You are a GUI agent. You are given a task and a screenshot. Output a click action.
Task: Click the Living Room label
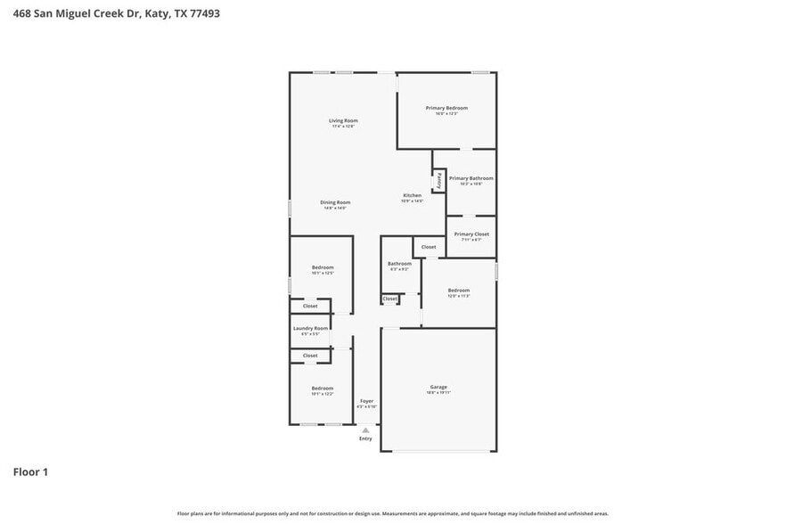(343, 120)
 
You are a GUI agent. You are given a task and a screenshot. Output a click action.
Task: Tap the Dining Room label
(335, 202)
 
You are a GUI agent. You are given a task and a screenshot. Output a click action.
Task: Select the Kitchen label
(412, 195)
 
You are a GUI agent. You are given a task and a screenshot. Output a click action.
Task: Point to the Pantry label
(438, 181)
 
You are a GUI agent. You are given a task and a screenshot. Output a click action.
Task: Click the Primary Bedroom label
(446, 108)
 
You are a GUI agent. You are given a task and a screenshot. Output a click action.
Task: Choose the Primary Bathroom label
(471, 178)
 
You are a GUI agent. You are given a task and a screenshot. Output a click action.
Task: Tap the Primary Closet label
(471, 234)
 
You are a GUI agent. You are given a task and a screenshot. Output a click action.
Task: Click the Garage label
(438, 387)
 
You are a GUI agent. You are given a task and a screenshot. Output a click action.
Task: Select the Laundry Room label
(310, 328)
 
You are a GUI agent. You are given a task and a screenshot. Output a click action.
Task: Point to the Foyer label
(366, 401)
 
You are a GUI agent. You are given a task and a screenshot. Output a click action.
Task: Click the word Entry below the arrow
(365, 438)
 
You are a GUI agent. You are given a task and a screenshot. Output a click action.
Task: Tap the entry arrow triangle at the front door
(365, 430)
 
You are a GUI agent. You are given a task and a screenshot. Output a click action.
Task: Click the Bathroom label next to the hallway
(399, 264)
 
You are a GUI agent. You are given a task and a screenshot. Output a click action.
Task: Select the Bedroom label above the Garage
(458, 290)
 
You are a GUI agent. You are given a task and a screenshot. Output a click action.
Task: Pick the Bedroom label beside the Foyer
(322, 388)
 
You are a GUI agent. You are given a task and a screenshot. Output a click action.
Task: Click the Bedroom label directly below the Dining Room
(322, 267)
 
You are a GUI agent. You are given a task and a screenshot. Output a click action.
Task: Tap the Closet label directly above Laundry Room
(310, 306)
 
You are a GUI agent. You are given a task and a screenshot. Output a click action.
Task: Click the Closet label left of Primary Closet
(429, 247)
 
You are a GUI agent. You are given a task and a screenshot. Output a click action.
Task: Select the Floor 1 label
(30, 471)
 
